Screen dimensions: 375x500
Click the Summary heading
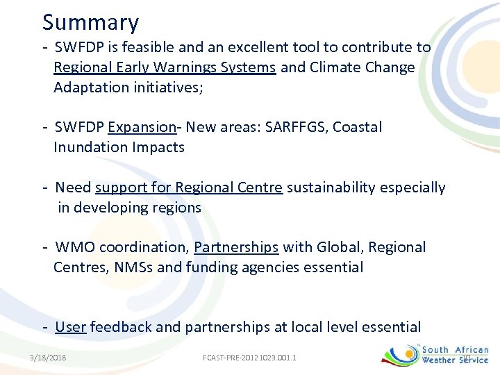click(90, 23)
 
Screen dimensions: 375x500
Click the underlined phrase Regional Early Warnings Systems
click(165, 68)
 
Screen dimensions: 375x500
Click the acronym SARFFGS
click(294, 127)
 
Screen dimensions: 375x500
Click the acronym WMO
click(73, 247)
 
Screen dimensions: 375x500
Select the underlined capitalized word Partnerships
click(236, 247)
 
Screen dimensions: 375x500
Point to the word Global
click(340, 247)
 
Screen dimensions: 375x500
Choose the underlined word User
click(70, 327)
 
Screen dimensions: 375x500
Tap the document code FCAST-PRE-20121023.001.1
click(249, 358)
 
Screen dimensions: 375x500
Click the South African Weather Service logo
click(436, 355)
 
